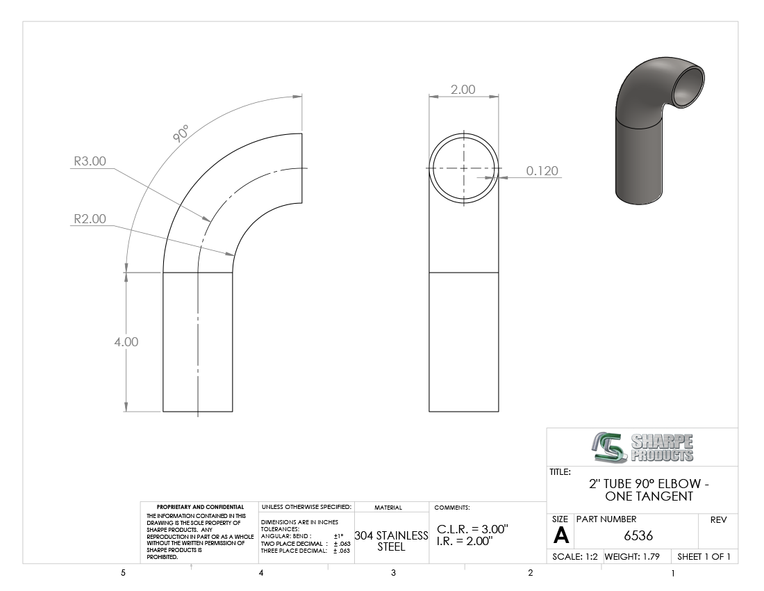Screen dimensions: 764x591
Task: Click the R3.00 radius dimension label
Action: tap(90, 161)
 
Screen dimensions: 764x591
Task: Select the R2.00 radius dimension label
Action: tap(90, 219)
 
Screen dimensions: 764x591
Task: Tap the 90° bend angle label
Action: tap(181, 133)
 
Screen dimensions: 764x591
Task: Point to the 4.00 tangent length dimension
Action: tap(126, 342)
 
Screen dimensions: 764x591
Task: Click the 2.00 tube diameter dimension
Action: tap(463, 90)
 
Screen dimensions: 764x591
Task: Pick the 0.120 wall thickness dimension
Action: tap(542, 170)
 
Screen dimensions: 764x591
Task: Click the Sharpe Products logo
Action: tap(642, 447)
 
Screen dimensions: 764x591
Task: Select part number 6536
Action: tap(638, 535)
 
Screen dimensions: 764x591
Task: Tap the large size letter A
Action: tap(560, 536)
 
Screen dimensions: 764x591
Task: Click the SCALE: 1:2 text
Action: tap(575, 556)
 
